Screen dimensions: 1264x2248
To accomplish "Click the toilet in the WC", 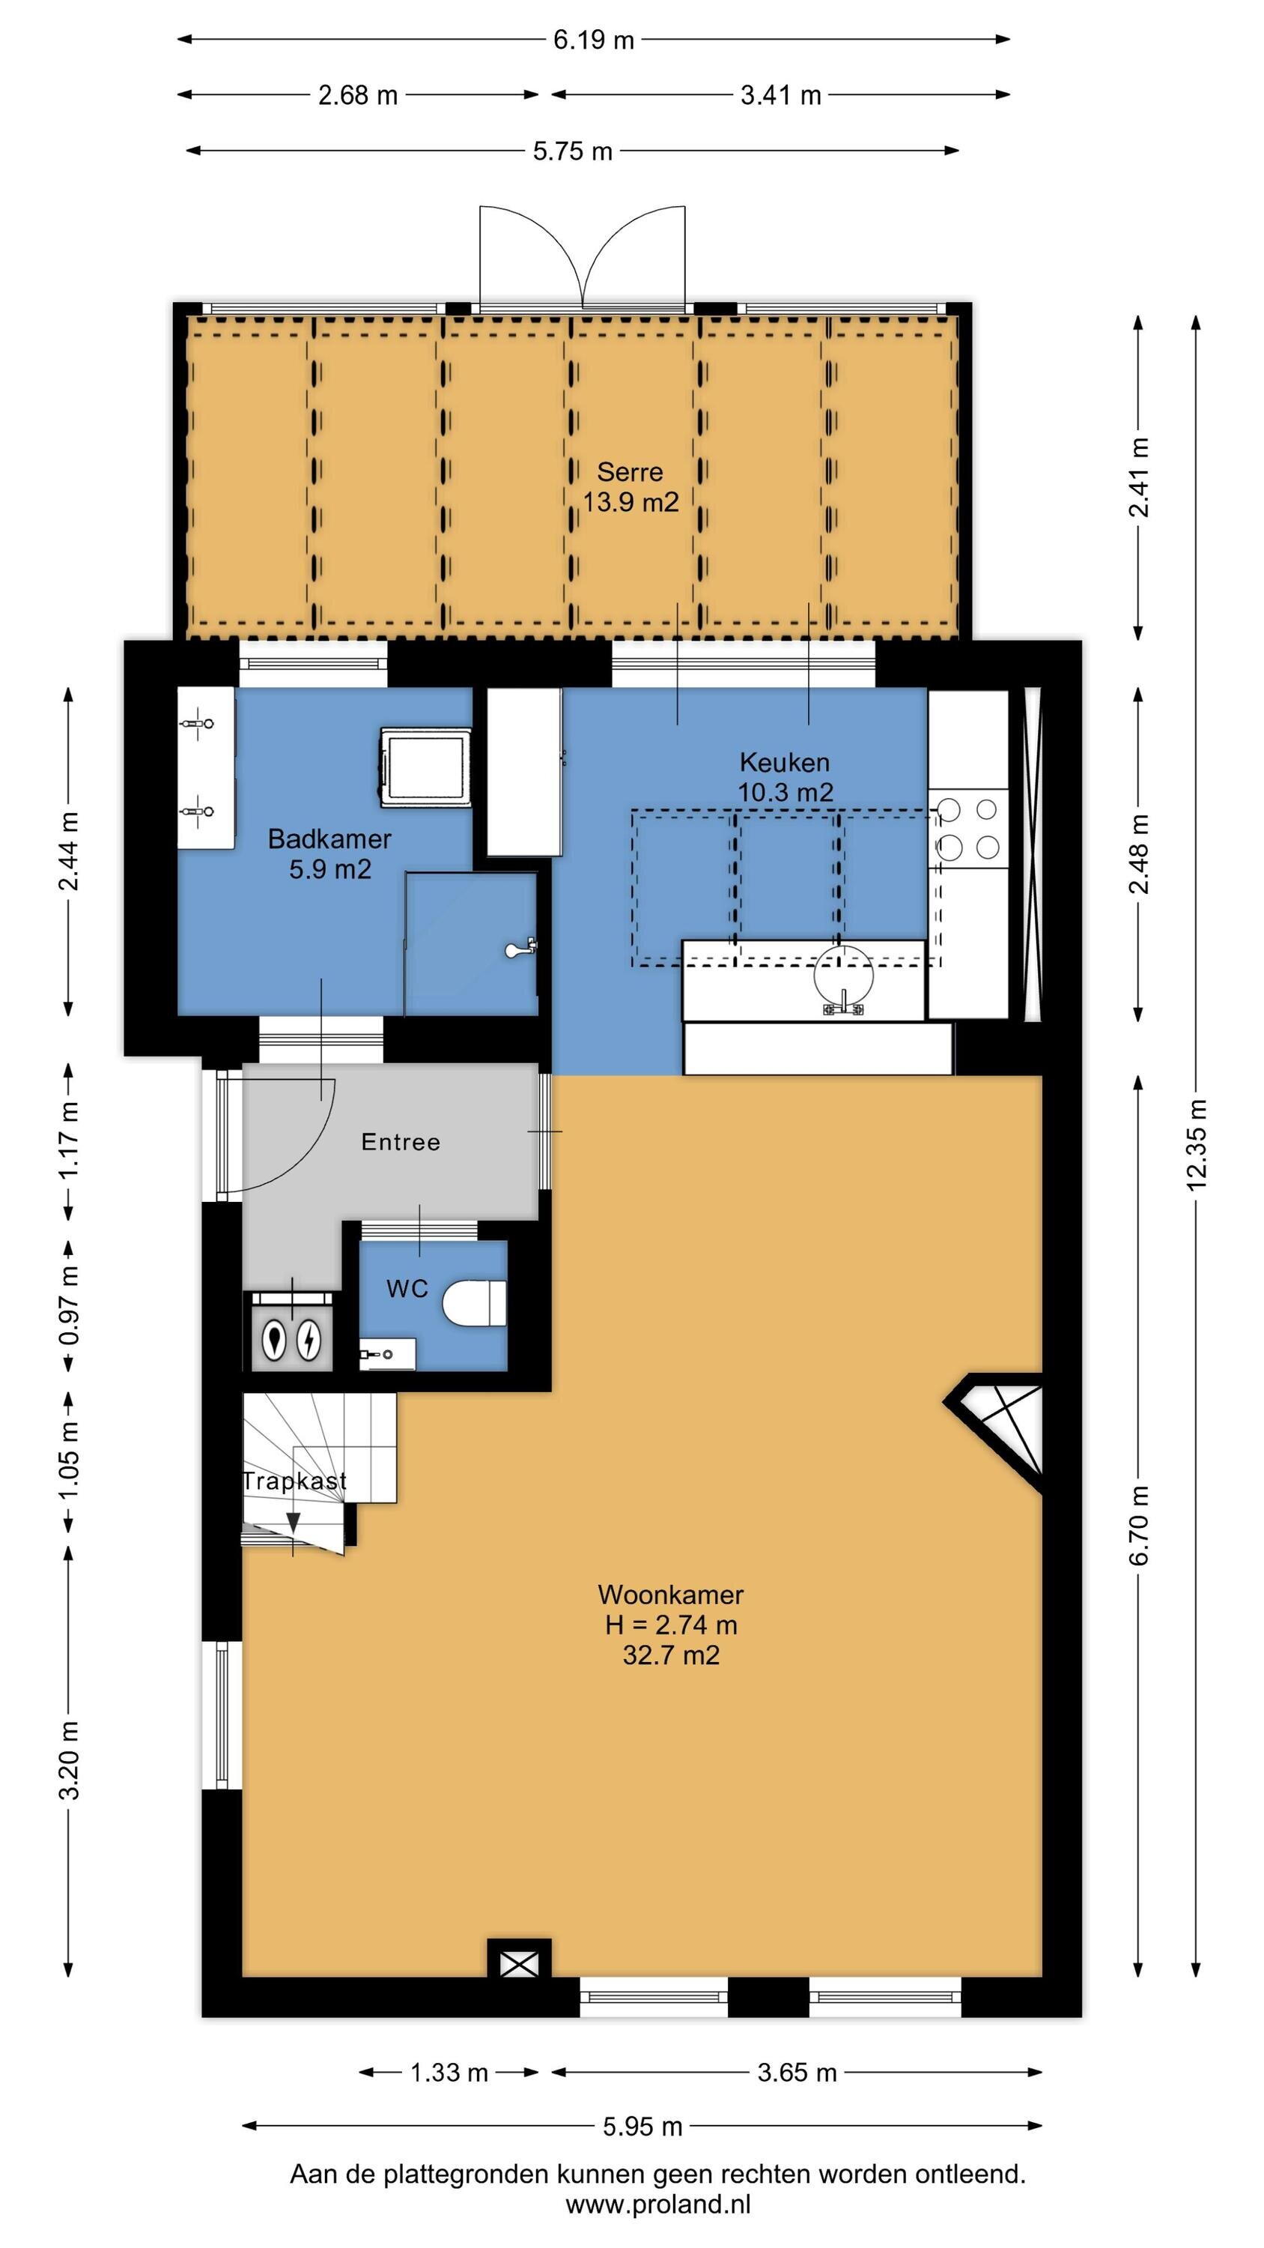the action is (x=475, y=1304).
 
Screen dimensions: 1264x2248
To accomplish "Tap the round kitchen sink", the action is (x=842, y=976).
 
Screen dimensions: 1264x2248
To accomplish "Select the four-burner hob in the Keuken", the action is (x=967, y=828).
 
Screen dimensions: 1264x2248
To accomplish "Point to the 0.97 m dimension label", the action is (x=69, y=1304).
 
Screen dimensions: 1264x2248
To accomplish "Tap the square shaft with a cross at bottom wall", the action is (x=519, y=1966).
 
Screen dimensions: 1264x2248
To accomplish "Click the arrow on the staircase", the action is (x=293, y=1522).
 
